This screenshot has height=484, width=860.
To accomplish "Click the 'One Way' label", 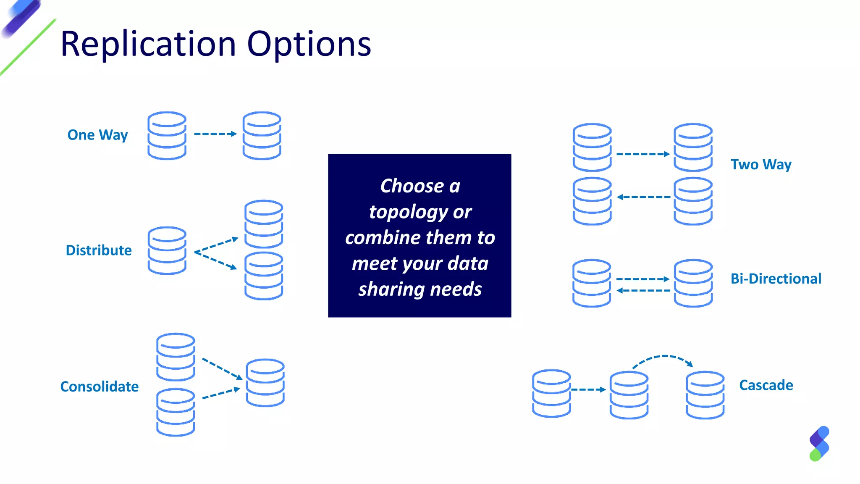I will pos(97,135).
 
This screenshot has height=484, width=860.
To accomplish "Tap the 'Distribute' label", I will pos(99,250).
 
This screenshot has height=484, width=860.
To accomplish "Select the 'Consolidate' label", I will pos(100,387).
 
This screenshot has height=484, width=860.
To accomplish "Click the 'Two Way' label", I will pos(761,164).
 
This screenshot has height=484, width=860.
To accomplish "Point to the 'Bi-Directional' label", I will pos(776,279).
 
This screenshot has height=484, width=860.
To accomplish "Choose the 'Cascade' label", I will pos(766,385).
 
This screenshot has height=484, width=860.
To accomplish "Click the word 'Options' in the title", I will pos(309,44).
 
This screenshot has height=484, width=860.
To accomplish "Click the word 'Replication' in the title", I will pos(149,44).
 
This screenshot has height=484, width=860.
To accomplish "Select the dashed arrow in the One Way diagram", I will pos(215,134).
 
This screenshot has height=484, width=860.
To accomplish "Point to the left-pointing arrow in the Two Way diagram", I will pos(643,197).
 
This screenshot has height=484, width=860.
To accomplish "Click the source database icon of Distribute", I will pos(167,250).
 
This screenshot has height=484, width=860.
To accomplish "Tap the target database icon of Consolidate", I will pos(265,382).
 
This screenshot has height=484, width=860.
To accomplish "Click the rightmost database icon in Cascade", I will pos(705,395).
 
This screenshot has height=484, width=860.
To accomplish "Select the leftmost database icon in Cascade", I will pos(551,393).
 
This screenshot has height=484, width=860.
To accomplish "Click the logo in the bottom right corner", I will pos(819,444).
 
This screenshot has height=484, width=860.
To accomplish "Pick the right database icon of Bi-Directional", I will pos(693,283).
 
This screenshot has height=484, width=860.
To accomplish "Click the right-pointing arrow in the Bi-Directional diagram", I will pos(642,279).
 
